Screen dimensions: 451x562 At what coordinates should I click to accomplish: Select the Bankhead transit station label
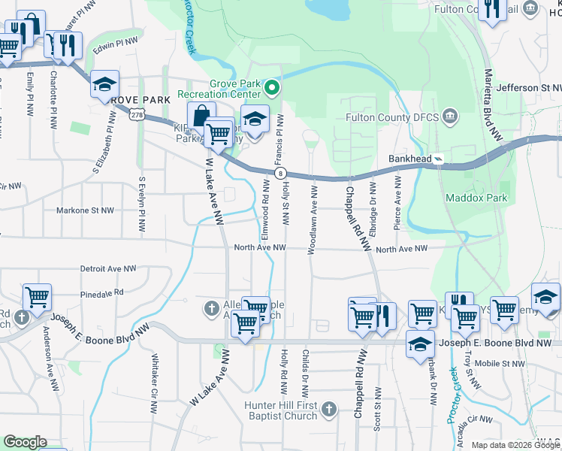pyautogui.click(x=410, y=159)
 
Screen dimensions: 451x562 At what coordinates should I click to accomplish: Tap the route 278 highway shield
pyautogui.click(x=136, y=114)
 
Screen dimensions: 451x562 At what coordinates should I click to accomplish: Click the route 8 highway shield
pyautogui.click(x=279, y=174)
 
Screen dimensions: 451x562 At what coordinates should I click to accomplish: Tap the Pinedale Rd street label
pyautogui.click(x=101, y=293)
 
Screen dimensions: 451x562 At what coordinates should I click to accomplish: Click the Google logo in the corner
pyautogui.click(x=24, y=442)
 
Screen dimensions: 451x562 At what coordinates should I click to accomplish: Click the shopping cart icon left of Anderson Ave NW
pyautogui.click(x=37, y=297)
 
